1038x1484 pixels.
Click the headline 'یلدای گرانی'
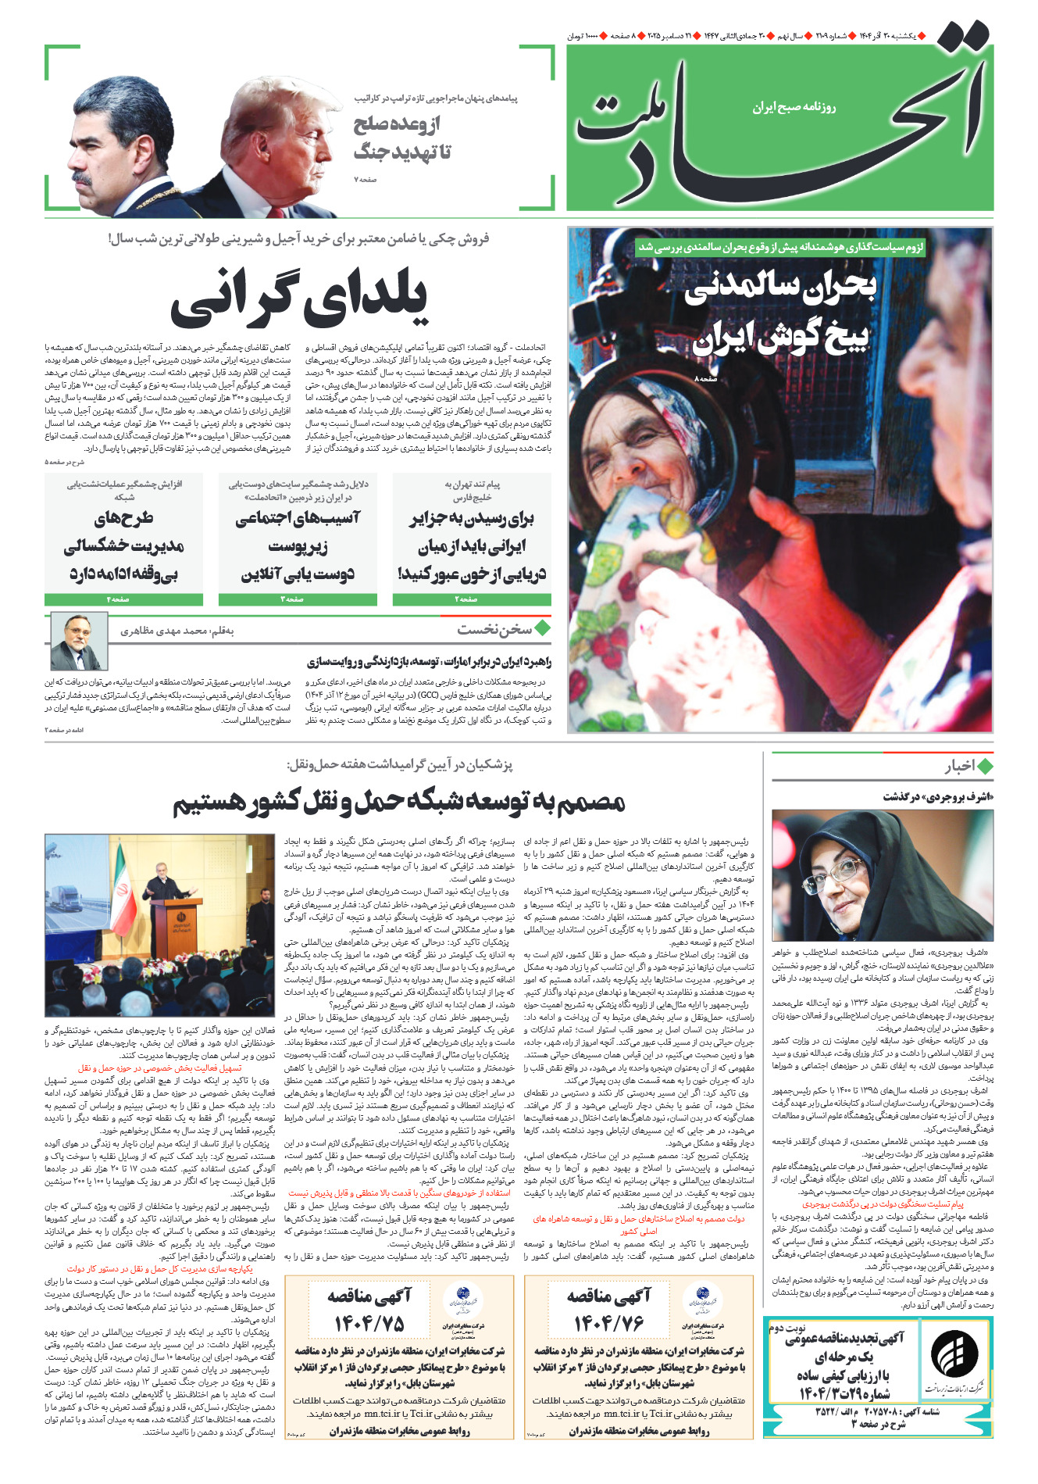tap(299, 298)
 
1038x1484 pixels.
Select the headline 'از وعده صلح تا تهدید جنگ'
tap(402, 138)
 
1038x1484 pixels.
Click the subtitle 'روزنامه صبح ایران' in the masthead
tap(794, 107)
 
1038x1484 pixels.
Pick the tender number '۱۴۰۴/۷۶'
tap(608, 1323)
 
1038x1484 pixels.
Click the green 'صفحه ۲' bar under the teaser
tap(471, 599)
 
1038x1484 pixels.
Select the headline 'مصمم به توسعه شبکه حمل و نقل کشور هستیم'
tap(398, 802)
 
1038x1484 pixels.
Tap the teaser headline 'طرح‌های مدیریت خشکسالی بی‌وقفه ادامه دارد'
tap(123, 545)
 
